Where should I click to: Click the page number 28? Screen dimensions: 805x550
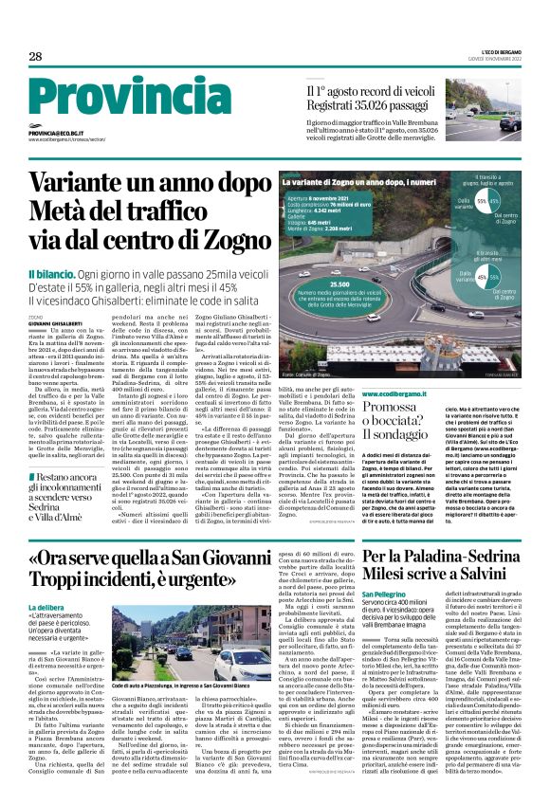35,57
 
